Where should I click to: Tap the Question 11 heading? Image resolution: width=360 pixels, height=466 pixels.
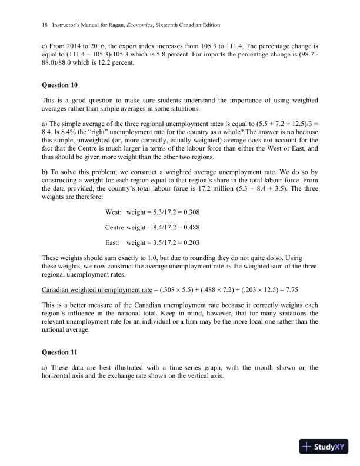pyautogui.click(x=61, y=352)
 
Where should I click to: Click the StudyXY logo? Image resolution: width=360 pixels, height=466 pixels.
pyautogui.click(x=324, y=446)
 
